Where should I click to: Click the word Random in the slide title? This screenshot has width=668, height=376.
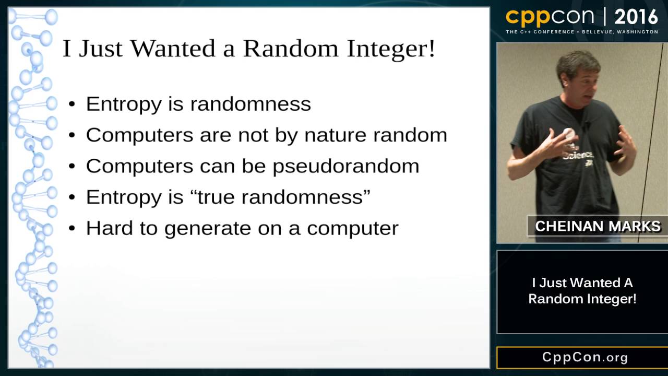click(x=291, y=49)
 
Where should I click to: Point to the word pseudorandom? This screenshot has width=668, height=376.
click(x=346, y=167)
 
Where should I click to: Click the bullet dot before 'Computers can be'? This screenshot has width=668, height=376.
click(x=73, y=167)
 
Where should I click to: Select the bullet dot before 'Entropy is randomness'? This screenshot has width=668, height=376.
click(x=73, y=104)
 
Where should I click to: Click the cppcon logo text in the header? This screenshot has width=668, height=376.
click(x=550, y=17)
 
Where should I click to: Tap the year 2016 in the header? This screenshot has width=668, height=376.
click(x=636, y=17)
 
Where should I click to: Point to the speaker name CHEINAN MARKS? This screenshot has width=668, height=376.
click(x=598, y=226)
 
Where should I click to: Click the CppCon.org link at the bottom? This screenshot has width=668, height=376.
click(x=584, y=357)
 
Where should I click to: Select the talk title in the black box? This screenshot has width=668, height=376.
click(x=582, y=291)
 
